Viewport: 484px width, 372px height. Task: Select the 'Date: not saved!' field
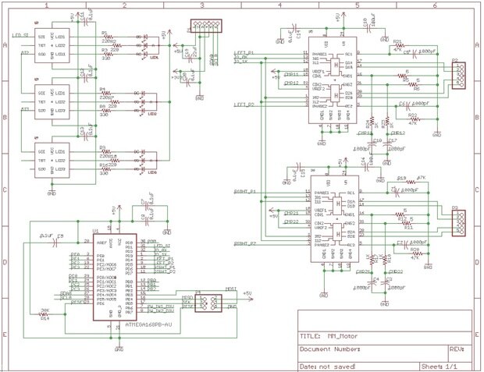tap(329, 365)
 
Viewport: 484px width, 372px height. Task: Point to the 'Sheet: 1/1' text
tap(439, 365)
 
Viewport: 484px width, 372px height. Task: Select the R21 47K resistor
tap(397, 46)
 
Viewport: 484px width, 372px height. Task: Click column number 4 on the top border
tap(279, 5)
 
